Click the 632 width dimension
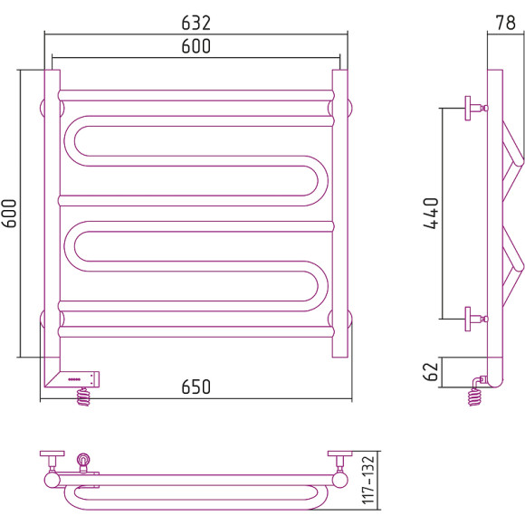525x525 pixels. click(x=196, y=23)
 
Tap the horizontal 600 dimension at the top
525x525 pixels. click(x=196, y=46)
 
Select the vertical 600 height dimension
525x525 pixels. click(x=9, y=214)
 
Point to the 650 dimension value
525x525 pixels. click(x=196, y=387)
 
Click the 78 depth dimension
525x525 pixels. click(x=506, y=23)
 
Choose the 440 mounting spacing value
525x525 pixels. click(x=431, y=214)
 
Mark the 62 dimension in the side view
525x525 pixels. click(x=431, y=372)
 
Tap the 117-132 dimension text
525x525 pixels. click(x=368, y=480)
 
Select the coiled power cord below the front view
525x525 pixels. click(x=83, y=396)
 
